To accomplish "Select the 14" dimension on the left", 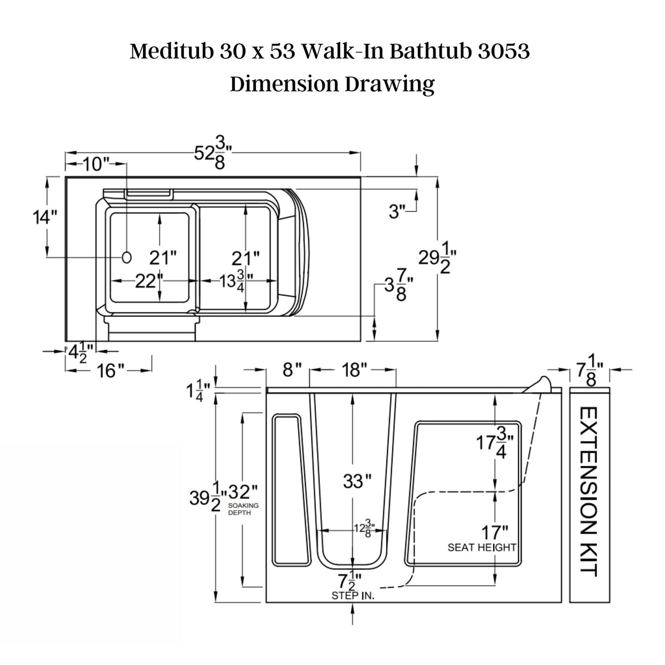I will [x=44, y=216].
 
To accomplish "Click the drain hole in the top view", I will [x=127, y=257].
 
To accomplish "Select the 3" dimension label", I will [x=397, y=212].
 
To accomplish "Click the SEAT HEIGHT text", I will [x=482, y=548].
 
